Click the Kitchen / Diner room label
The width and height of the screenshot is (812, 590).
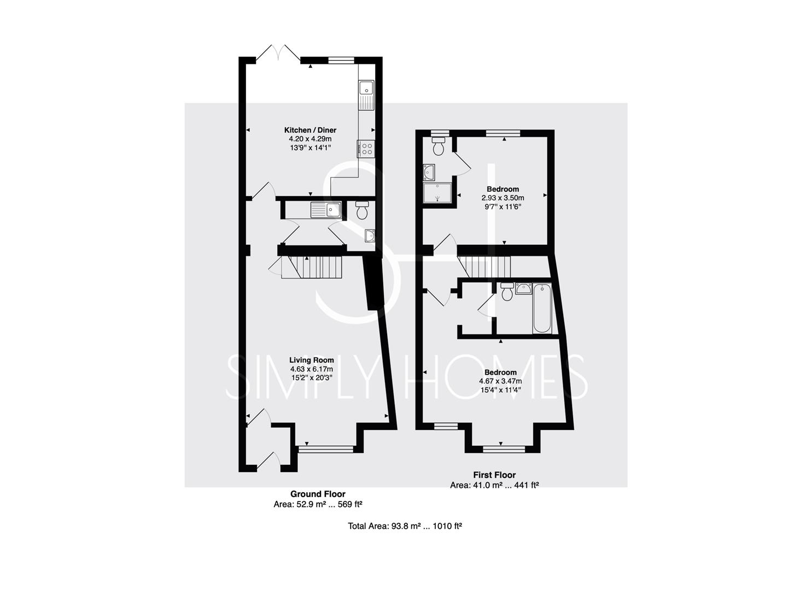[310, 130]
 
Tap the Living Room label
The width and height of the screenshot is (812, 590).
[311, 360]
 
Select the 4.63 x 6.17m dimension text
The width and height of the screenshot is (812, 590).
[311, 369]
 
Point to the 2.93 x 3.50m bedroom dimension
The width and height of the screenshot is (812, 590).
[503, 198]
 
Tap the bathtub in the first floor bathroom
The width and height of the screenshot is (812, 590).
[542, 308]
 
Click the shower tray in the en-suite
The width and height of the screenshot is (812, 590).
[438, 193]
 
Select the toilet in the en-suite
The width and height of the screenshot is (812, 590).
[439, 146]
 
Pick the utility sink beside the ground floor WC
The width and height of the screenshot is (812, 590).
[325, 210]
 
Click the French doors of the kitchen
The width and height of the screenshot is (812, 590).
[278, 53]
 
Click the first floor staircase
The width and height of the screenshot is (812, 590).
[484, 267]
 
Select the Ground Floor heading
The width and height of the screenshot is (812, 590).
[318, 494]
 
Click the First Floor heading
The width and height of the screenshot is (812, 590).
[494, 475]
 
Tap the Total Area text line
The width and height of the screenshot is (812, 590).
[405, 526]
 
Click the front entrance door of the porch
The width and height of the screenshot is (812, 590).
[268, 462]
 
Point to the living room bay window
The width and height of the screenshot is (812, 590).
[325, 450]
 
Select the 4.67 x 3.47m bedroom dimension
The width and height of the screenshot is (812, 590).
[500, 381]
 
